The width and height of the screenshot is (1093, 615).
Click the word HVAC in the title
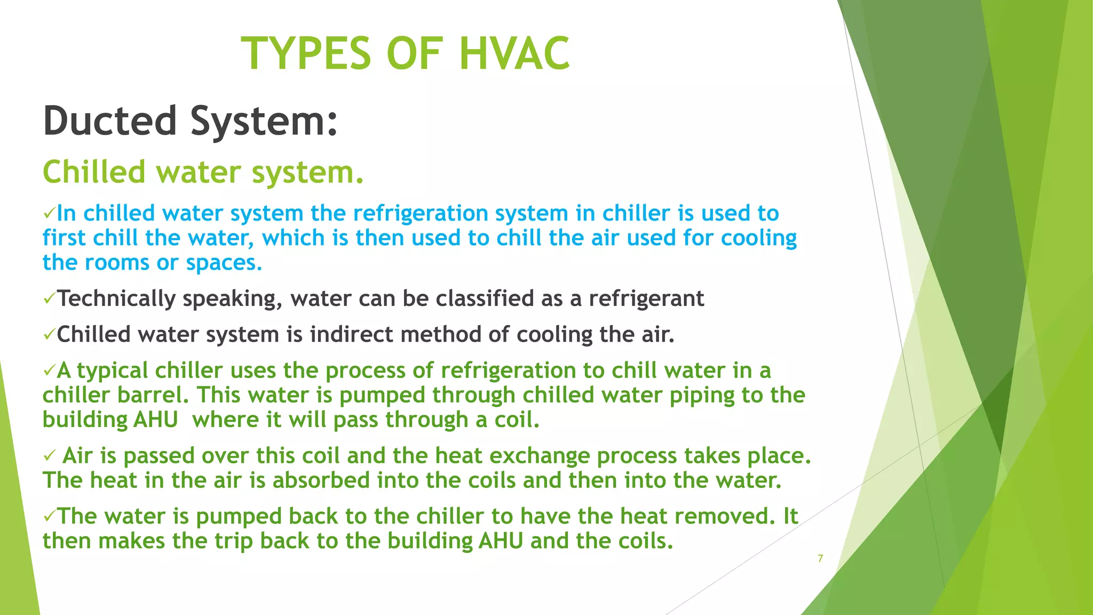point(514,53)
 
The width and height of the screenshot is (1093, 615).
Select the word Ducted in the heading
point(110,121)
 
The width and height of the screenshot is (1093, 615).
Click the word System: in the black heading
point(264,122)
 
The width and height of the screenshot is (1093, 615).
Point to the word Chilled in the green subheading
point(94,172)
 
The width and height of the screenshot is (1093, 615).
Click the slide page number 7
point(820,558)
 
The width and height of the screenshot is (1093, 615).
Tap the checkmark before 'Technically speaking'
point(49,298)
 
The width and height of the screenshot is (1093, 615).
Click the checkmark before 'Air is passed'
point(49,455)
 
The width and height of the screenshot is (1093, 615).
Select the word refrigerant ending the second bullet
point(646,298)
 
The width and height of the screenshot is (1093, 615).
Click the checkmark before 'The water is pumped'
point(49,516)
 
